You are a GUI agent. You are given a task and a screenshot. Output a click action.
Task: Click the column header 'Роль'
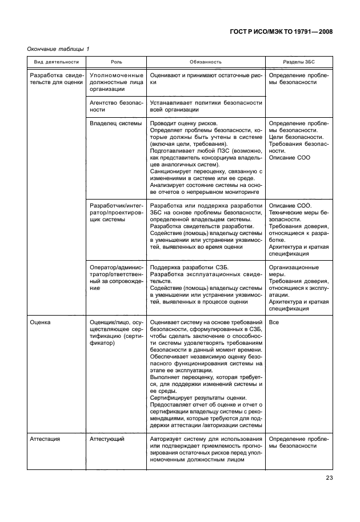115,62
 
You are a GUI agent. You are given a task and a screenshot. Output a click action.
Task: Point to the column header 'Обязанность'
206,62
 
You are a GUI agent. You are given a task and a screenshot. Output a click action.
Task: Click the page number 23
329,478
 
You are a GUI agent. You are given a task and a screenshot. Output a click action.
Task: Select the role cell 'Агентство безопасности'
114,106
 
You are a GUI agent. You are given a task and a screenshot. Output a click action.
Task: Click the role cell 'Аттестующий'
107,439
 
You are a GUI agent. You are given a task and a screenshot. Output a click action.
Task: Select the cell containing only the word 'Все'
274,322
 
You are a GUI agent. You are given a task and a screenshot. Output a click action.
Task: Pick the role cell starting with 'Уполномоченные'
114,82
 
